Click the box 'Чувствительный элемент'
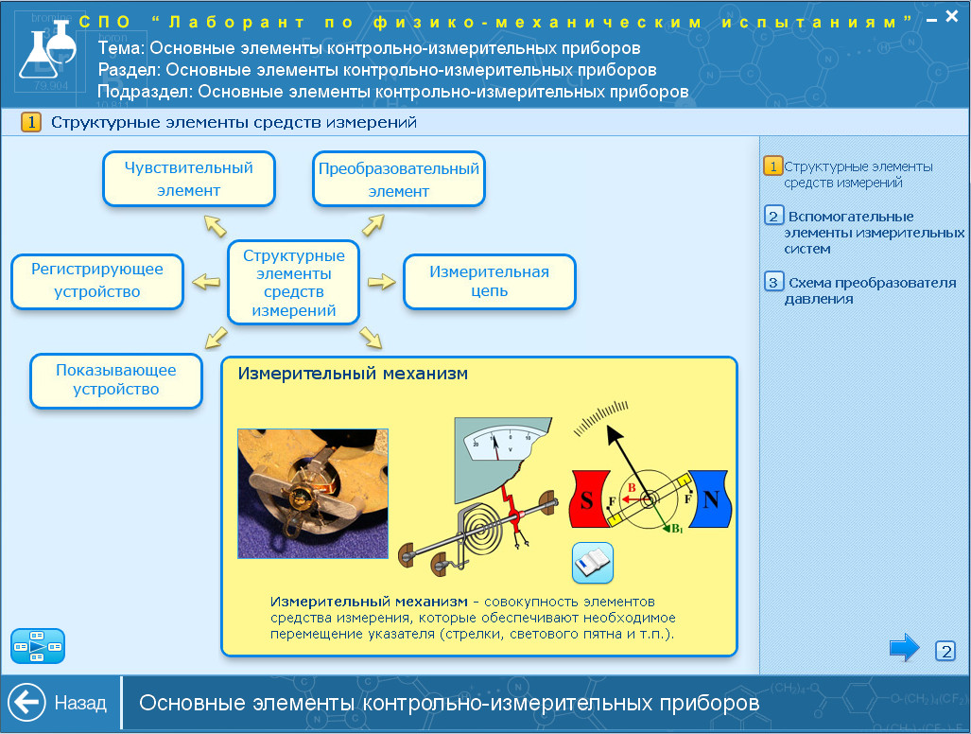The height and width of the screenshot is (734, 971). pos(189,179)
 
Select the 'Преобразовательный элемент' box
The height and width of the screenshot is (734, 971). pos(399,179)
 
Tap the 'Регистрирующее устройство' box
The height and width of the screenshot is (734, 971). pos(97,281)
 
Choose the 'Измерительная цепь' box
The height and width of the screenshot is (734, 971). pos(489,281)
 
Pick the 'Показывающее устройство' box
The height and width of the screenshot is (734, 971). pos(116,380)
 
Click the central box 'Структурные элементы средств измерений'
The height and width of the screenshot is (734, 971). pos(293,283)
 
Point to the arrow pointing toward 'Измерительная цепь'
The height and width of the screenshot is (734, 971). pos(381,282)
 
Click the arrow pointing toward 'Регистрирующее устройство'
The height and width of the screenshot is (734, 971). pos(205,282)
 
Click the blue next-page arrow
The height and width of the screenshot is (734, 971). pos(905,648)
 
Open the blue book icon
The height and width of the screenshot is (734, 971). pos(593,563)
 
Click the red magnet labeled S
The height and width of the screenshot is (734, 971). pos(590,498)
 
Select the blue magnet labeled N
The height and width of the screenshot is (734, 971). pos(710,498)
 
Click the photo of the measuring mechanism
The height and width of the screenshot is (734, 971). pos(313,494)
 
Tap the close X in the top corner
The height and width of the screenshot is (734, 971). pos(952,17)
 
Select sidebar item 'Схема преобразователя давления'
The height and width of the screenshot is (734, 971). pos(863,289)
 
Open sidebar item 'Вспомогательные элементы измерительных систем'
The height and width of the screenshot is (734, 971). pos(864,233)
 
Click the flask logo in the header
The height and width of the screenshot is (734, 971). pos(47,49)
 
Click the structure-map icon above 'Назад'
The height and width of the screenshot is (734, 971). pos(38,646)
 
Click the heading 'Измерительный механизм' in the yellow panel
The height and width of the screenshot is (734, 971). pos(353,374)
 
